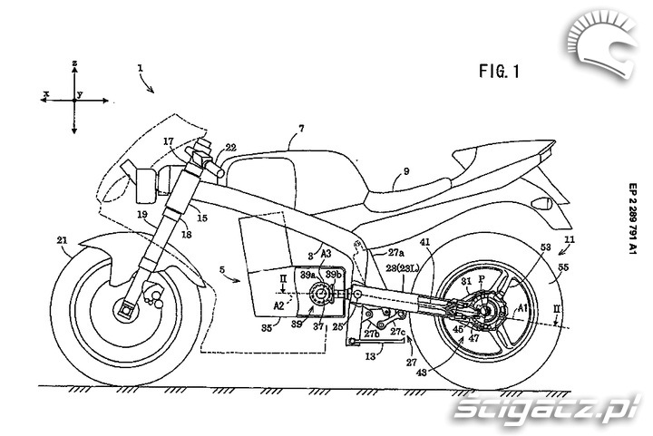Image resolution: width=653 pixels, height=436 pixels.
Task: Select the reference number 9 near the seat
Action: [x=405, y=170]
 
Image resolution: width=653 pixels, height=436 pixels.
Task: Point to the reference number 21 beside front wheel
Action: [x=62, y=240]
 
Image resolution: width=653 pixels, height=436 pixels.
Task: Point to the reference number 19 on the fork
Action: [x=143, y=216]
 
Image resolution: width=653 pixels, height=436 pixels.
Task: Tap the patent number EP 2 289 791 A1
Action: [x=631, y=231]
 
